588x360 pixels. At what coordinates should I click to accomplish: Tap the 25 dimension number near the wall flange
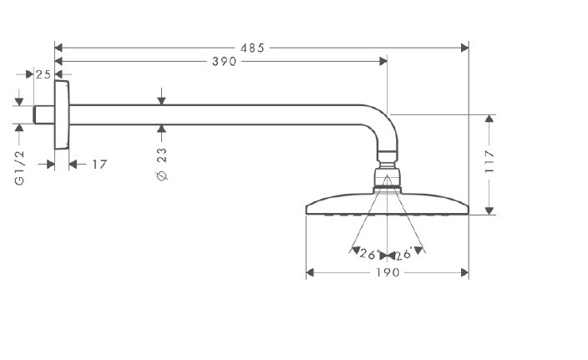pyautogui.click(x=43, y=74)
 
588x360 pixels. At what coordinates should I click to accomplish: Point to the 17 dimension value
pyautogui.click(x=99, y=165)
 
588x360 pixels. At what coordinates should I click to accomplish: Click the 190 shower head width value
pyautogui.click(x=388, y=273)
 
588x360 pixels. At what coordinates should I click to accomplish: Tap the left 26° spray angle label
pyautogui.click(x=368, y=254)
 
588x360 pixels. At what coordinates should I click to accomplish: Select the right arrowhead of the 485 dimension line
pyautogui.click(x=465, y=48)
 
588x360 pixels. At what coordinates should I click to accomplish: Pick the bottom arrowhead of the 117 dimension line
pyautogui.click(x=489, y=210)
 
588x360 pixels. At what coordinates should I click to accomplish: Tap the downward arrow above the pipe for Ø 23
pyautogui.click(x=162, y=100)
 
